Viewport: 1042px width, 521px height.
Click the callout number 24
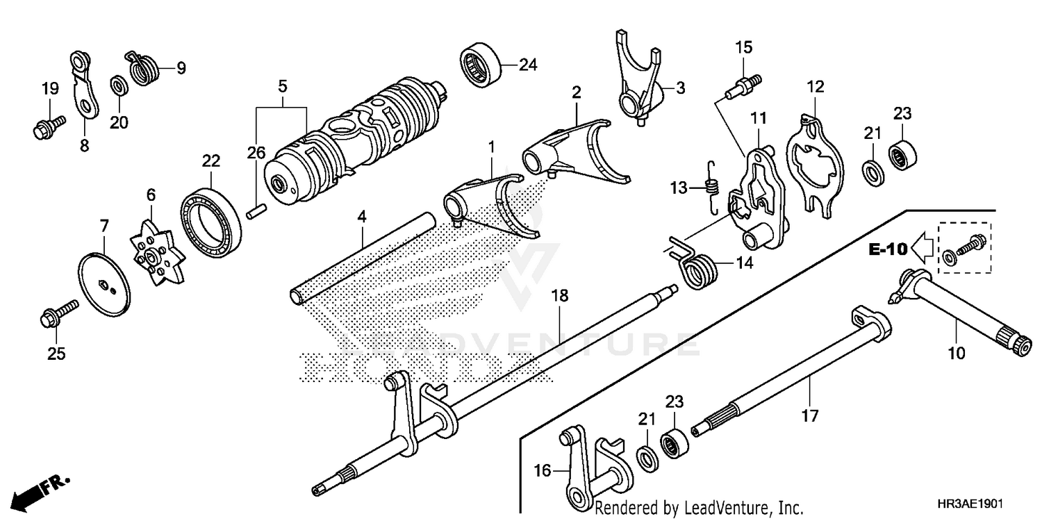[528, 65]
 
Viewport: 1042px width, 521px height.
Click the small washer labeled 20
[118, 86]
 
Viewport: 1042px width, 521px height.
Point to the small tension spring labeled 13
[711, 185]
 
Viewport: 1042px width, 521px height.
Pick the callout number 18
[560, 296]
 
